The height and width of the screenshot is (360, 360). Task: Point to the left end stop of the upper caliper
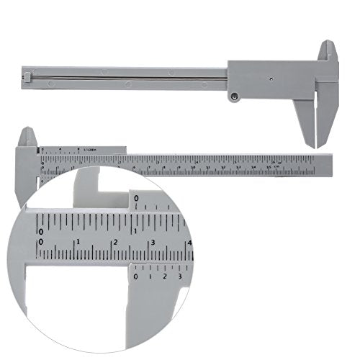28,74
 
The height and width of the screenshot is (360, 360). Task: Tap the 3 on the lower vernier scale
179,276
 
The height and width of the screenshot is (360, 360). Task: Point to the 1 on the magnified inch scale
135,230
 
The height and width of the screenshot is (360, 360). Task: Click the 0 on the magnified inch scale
41,231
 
